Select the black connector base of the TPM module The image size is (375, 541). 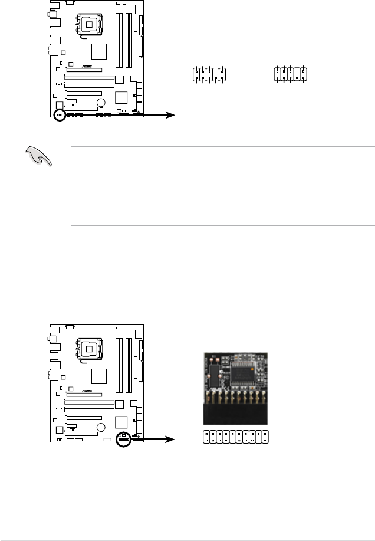[235, 412]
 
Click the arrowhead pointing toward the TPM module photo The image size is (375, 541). [172, 440]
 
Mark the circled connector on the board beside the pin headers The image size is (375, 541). [60, 114]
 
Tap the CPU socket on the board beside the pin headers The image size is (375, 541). [90, 24]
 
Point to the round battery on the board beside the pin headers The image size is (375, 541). [101, 103]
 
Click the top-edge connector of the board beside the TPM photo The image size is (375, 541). [69, 326]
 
